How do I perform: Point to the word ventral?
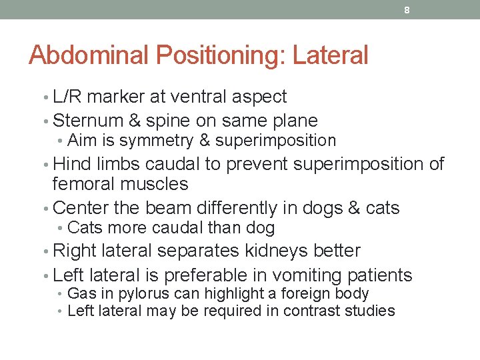coord(199,97)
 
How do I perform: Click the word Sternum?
coord(87,121)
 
